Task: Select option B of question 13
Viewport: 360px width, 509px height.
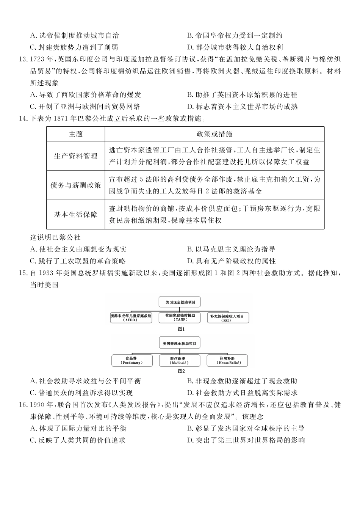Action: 242,95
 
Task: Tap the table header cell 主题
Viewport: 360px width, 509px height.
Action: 76,134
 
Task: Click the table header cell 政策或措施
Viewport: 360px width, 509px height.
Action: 214,134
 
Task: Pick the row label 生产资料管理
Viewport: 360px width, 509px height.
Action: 76,156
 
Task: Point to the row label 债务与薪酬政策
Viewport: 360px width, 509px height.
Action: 76,185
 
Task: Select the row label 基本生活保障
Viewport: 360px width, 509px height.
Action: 76,214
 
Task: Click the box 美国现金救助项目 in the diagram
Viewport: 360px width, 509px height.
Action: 180,302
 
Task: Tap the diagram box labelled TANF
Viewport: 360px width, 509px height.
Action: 179,317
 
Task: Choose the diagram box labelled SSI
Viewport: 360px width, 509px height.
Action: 227,318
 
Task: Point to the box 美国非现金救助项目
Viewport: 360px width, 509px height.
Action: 180,343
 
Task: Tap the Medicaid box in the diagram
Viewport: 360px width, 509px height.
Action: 179,360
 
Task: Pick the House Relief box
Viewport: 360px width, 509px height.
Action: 227,360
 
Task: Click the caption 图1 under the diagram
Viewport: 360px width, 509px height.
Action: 181,329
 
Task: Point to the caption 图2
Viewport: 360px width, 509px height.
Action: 181,371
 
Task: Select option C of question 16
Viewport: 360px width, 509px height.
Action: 78,440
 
